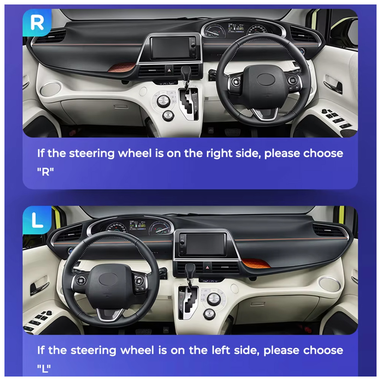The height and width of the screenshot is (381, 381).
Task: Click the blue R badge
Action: pos(37,23)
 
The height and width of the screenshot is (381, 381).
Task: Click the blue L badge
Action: pos(37,220)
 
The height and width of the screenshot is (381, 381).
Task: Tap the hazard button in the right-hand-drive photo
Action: pos(169,70)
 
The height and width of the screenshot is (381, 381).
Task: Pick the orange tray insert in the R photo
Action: pos(122,67)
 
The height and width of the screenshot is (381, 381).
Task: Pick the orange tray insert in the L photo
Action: pos(255,263)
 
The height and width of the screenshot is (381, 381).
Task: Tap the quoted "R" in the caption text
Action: pos(45,172)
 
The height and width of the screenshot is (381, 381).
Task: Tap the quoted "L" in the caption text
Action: pos(44,369)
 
